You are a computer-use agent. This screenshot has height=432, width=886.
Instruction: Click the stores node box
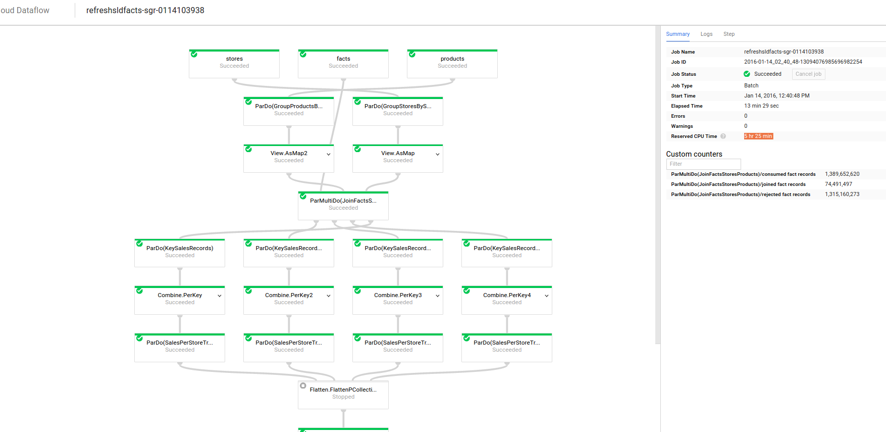coord(234,64)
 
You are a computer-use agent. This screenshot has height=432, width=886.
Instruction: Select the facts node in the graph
coord(343,64)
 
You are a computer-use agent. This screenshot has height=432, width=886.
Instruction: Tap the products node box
coord(452,64)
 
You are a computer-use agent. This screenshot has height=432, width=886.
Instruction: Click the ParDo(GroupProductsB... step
coord(289,111)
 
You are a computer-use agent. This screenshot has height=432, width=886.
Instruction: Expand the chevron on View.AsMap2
coord(329,154)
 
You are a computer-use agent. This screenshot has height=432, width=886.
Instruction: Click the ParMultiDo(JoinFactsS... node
coord(343,206)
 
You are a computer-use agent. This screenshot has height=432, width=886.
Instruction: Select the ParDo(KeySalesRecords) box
coord(180,253)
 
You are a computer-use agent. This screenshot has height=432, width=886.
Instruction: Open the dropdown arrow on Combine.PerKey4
coord(547,296)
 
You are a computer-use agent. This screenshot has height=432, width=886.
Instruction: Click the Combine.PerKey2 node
coord(289,300)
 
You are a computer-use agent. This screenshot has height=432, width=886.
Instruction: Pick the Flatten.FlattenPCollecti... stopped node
coord(343,395)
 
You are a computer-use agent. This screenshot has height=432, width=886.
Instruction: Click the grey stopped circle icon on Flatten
coord(303,386)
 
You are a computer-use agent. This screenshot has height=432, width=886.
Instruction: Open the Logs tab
coord(706,34)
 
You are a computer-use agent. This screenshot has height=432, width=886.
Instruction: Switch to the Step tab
coord(729,34)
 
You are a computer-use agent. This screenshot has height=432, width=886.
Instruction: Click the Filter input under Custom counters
coord(703,164)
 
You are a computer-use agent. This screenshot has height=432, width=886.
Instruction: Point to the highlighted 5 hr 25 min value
coord(758,136)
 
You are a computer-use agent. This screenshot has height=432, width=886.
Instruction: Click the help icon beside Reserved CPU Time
coord(723,136)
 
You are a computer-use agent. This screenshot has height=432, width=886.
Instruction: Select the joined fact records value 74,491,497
coord(839,184)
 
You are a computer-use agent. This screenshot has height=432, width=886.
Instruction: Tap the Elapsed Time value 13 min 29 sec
coord(761,106)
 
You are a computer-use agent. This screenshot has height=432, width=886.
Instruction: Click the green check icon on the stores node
coord(194,54)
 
